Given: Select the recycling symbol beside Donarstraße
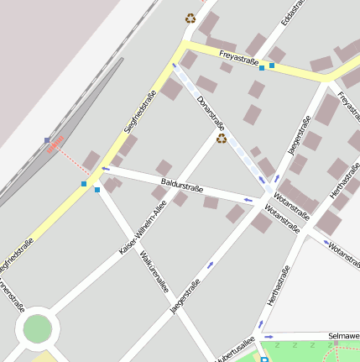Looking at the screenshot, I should coord(222,139).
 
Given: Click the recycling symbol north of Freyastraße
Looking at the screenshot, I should coord(190,18).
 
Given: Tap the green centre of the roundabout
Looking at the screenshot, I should coord(37,328).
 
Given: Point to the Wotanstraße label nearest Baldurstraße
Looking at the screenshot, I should coord(281,216).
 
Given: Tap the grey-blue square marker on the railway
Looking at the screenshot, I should coord(47,139).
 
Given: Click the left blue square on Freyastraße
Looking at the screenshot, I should coord(262,68).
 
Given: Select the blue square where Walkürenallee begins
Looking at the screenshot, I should coord(97,191).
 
